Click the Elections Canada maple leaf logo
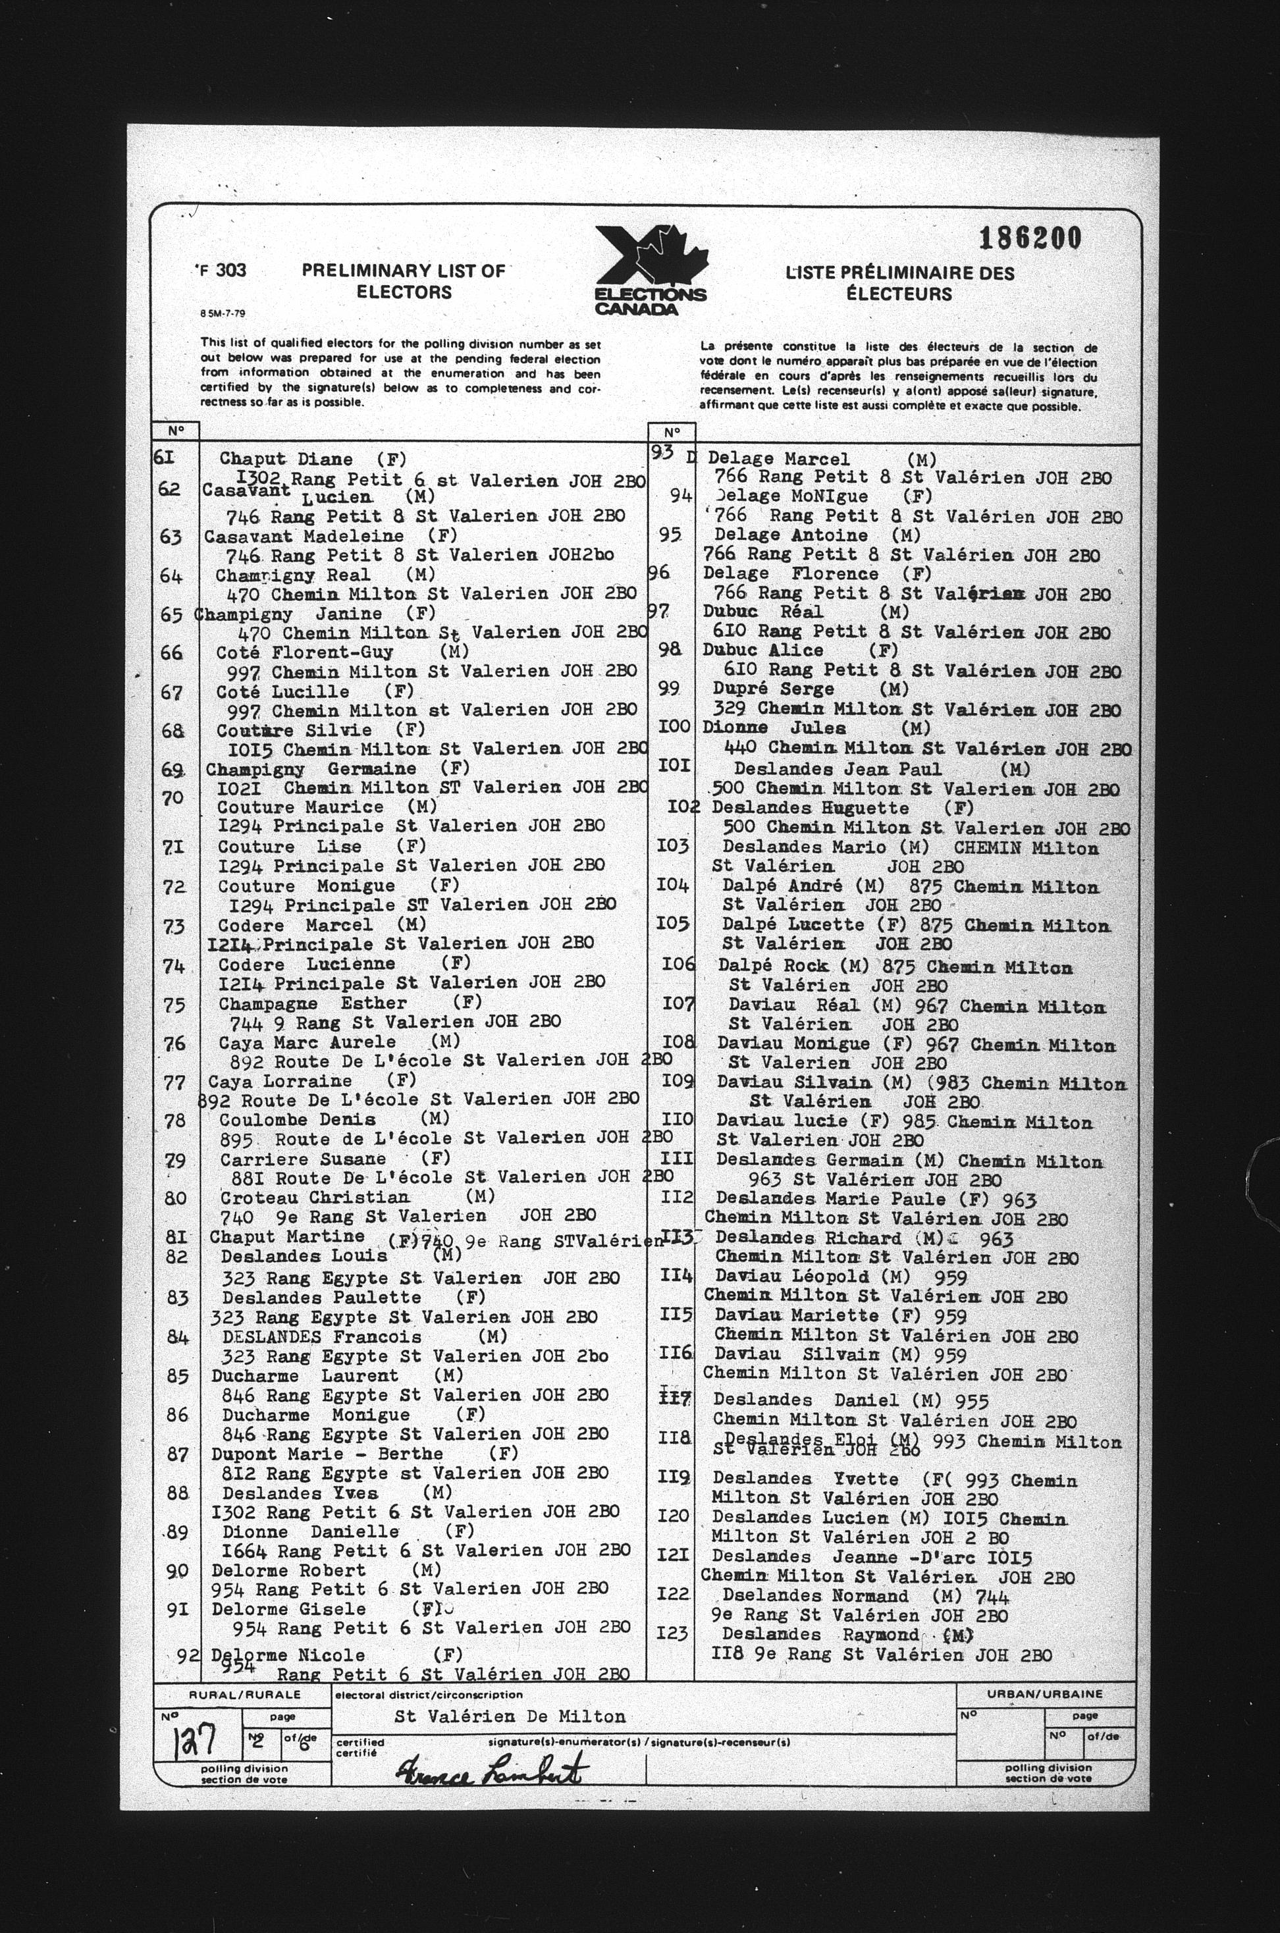[x=651, y=269]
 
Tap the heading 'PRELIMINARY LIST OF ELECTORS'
[x=403, y=282]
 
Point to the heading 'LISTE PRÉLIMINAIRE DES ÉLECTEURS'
[x=899, y=283]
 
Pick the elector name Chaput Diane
[x=286, y=460]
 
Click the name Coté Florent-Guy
[x=304, y=652]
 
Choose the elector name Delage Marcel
[x=778, y=460]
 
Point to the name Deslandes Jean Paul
[x=837, y=768]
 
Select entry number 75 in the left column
[x=174, y=1005]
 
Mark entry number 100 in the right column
[x=674, y=726]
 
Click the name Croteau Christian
[x=314, y=1198]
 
